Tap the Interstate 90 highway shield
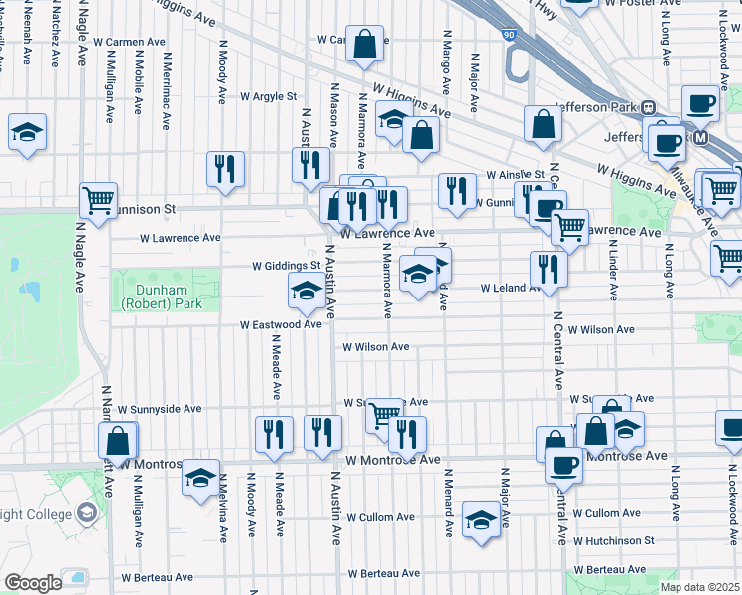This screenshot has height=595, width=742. tap(509, 36)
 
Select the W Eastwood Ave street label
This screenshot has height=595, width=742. tap(281, 324)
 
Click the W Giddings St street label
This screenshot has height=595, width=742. tap(287, 266)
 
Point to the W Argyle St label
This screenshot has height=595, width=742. tap(268, 97)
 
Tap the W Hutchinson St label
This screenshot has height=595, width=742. tap(614, 541)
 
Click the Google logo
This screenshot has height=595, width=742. tap(33, 583)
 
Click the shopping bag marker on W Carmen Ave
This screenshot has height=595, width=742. tap(364, 44)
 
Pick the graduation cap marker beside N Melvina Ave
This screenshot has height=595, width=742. tap(201, 478)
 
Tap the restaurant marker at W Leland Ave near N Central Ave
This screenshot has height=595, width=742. tap(548, 268)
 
